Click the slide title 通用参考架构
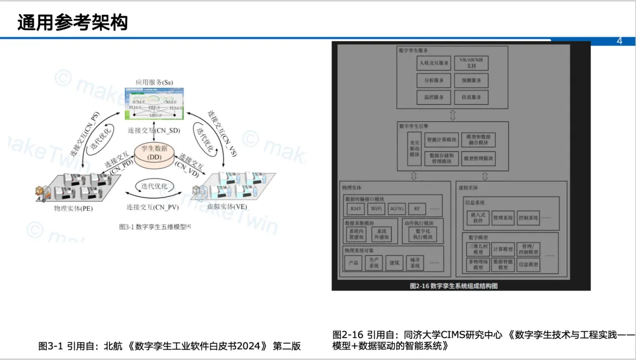[72, 22]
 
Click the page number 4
[619, 41]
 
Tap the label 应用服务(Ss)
[154, 82]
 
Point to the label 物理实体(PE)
[73, 208]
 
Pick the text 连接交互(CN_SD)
[154, 130]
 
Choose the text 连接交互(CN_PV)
[153, 207]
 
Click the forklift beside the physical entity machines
[41, 191]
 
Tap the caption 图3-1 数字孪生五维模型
[155, 226]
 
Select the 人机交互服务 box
[433, 62]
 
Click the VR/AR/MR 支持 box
[471, 62]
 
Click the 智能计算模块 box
[441, 140]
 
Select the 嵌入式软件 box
[478, 218]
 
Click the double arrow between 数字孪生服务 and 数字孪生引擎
[452, 114]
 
